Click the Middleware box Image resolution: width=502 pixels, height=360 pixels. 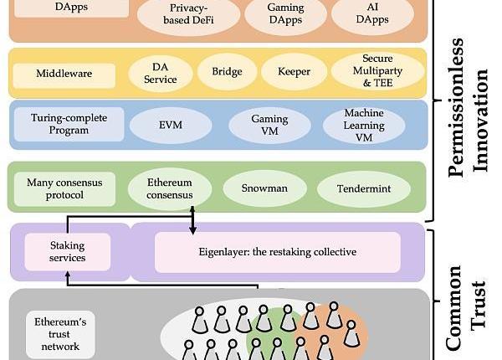coord(64,74)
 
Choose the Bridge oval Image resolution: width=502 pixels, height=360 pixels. coord(227,73)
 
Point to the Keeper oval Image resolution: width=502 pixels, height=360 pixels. coord(294,73)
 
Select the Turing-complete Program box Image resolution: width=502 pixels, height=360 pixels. coord(69,124)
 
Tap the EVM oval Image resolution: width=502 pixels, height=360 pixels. coord(171,125)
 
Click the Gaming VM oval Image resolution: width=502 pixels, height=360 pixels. coord(269,125)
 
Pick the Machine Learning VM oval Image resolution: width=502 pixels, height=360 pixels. coord(364,125)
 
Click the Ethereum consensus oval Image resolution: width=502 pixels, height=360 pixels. coord(170,188)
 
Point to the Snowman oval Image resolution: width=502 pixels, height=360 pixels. coord(265,188)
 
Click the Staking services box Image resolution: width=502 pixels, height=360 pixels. coord(68,251)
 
